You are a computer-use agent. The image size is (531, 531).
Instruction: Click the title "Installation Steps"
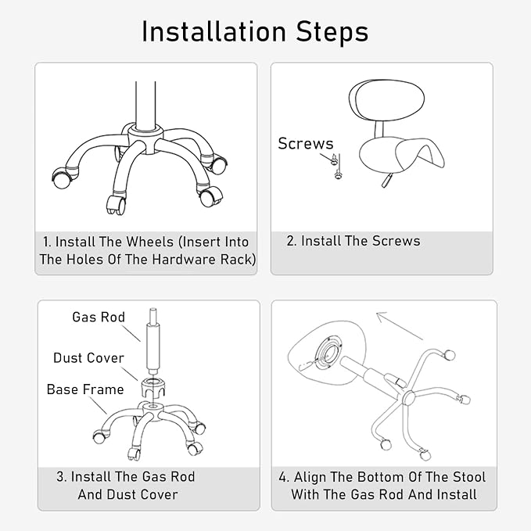[255, 32]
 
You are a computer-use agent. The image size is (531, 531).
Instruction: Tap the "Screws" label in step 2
[306, 144]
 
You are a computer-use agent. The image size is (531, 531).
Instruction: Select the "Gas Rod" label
[99, 317]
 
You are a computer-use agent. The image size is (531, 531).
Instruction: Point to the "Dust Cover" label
[88, 358]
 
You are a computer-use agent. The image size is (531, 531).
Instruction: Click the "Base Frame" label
[85, 389]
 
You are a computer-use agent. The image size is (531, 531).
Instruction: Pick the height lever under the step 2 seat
[386, 180]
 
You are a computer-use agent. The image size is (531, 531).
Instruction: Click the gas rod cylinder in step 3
[152, 346]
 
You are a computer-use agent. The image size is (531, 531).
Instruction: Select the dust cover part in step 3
[152, 387]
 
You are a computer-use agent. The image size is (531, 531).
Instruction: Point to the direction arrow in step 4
[400, 326]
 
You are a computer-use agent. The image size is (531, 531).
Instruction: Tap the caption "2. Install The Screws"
[353, 241]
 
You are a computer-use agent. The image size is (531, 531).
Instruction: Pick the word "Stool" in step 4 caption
[469, 477]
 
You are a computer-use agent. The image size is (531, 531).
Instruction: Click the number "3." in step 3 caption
[62, 477]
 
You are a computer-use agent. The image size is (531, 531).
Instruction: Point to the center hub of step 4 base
[409, 396]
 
